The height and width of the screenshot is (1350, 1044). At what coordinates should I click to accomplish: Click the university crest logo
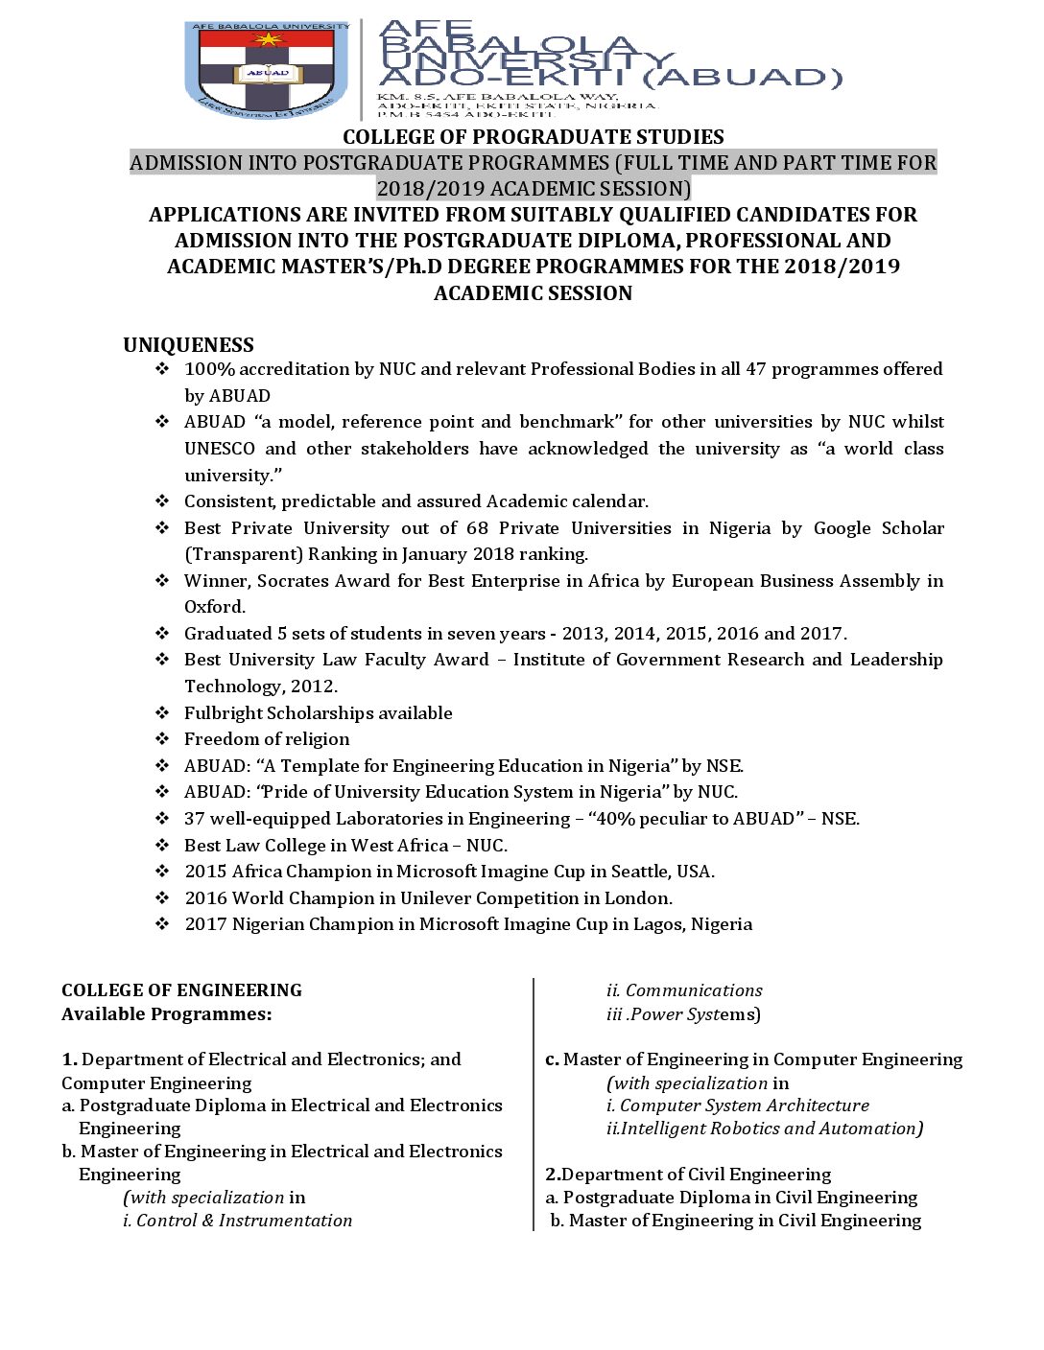point(268,71)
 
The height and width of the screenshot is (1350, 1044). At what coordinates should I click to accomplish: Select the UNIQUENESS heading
point(188,345)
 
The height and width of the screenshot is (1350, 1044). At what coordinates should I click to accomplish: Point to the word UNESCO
point(220,449)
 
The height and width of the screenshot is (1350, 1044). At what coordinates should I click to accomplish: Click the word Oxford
point(215,607)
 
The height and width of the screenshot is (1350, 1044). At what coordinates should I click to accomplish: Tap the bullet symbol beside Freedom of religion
point(162,739)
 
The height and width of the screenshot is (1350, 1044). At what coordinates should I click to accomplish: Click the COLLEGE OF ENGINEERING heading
point(181,990)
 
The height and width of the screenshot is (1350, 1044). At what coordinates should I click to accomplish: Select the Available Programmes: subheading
point(166,1014)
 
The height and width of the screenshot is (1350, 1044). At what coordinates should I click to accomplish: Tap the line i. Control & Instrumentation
point(237,1221)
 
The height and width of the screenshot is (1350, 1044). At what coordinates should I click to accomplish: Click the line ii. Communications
point(684,990)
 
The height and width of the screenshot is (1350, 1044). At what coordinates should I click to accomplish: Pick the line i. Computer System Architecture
point(737,1106)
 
